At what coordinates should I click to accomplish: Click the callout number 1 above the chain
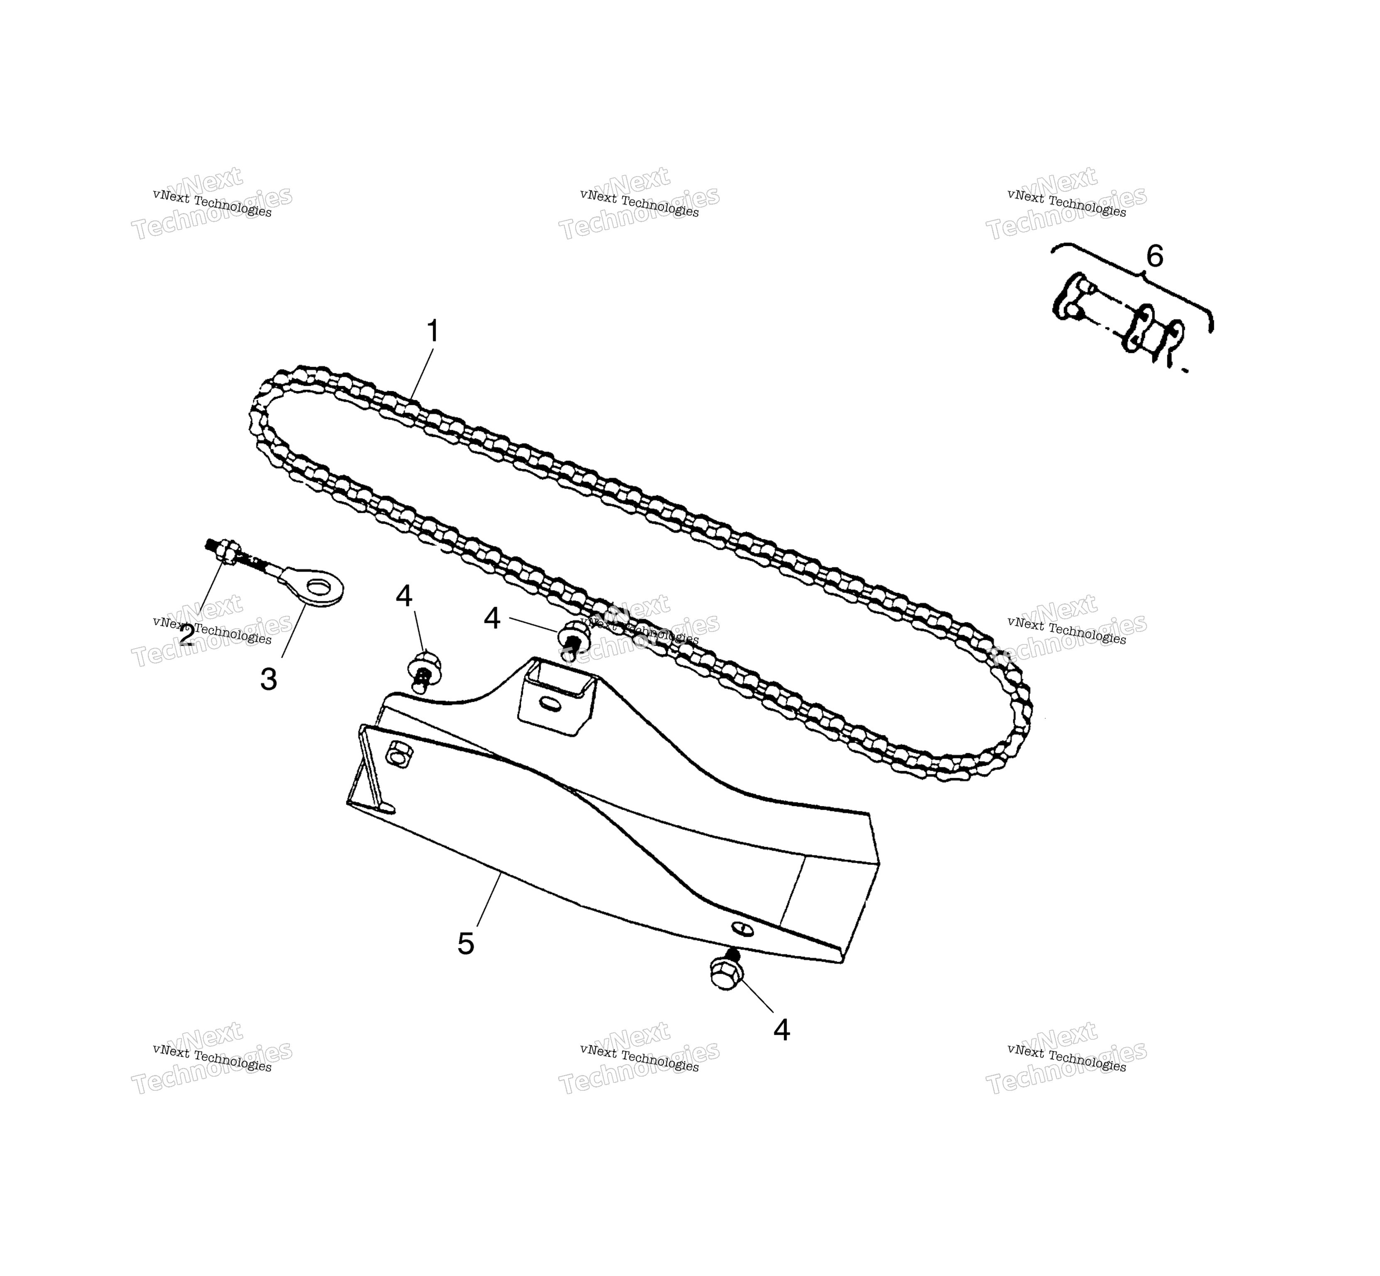[433, 331]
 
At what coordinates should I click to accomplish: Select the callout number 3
[269, 679]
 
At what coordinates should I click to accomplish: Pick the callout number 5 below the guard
[466, 943]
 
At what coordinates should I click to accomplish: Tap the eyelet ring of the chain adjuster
[316, 587]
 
